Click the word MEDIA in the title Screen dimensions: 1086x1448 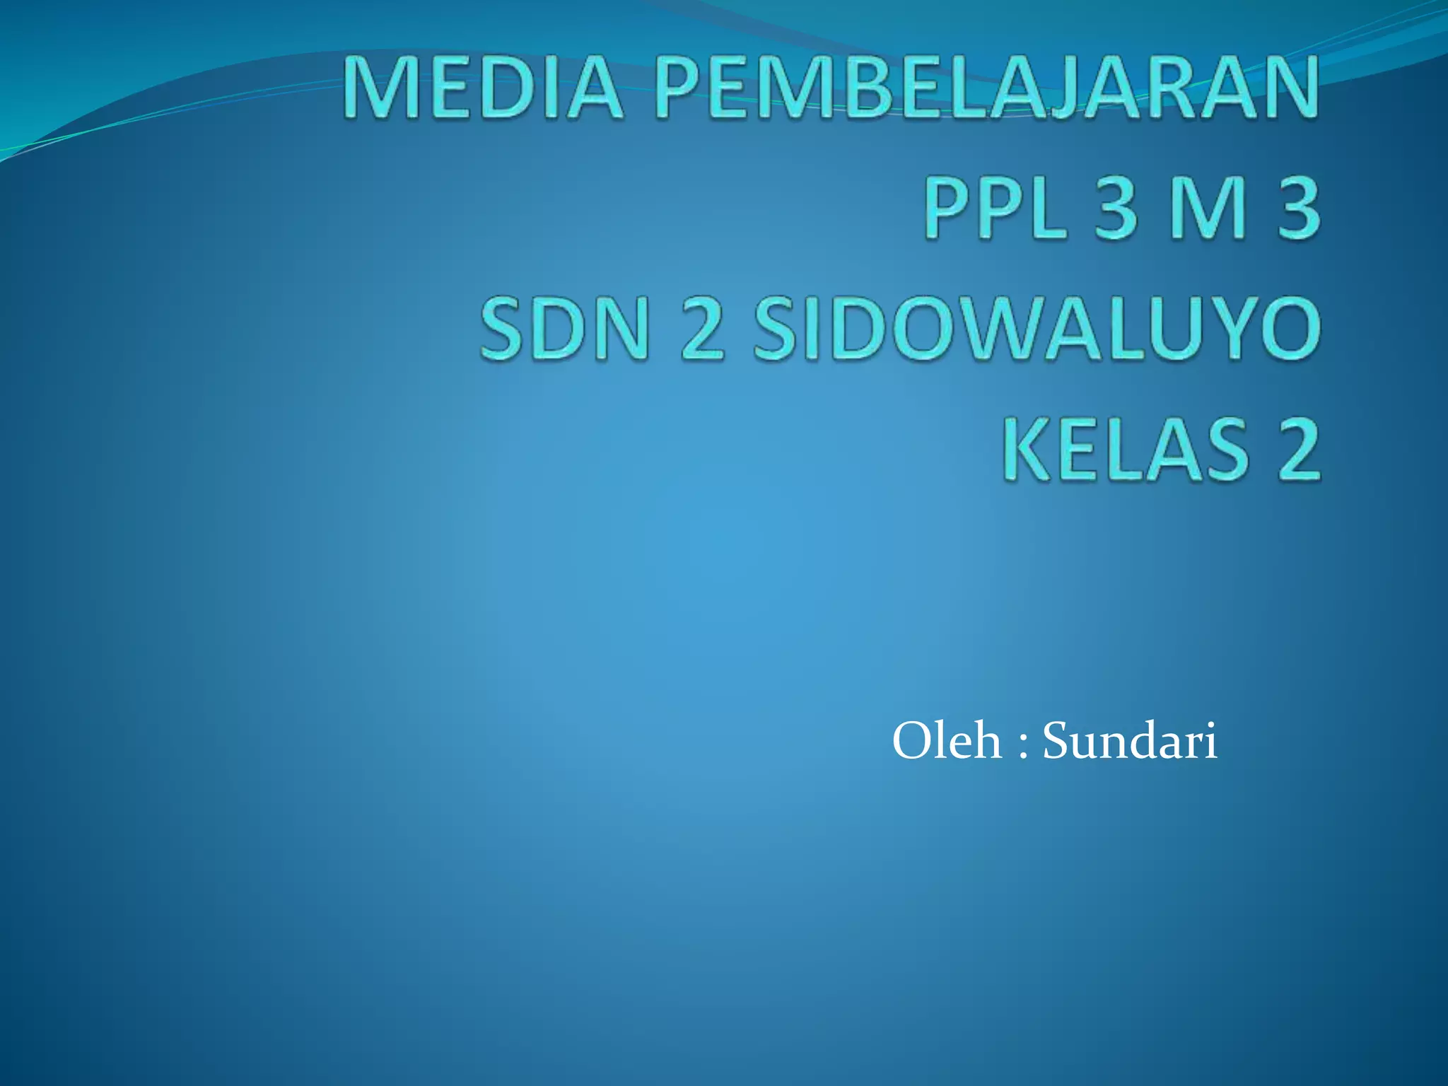point(484,88)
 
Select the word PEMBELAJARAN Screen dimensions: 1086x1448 point(986,88)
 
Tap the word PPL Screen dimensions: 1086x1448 point(995,208)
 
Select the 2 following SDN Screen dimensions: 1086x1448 point(703,329)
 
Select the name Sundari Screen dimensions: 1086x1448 point(1130,741)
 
